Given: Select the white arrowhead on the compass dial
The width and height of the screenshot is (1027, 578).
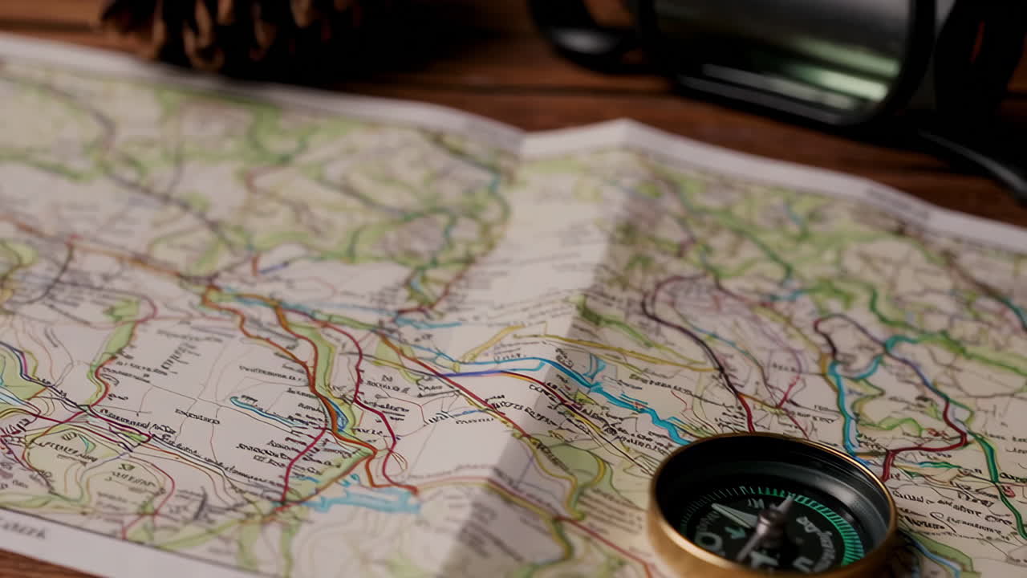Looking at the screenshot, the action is [x=734, y=515].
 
